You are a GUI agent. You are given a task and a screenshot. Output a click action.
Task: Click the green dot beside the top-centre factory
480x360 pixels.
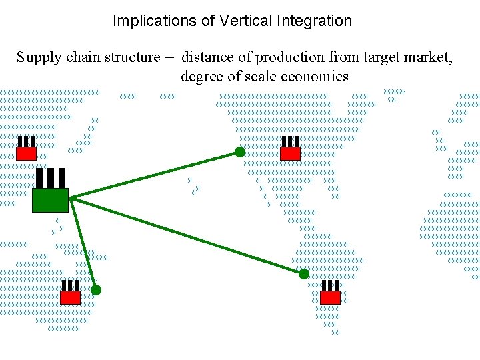[x=240, y=152]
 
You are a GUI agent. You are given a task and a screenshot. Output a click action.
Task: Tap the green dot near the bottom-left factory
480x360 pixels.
[x=96, y=290]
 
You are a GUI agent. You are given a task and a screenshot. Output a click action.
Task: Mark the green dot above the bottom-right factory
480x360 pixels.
[x=304, y=274]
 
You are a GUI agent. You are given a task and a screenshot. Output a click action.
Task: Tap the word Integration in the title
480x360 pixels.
[x=313, y=21]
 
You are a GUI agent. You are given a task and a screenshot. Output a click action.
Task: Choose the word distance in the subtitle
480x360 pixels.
[x=210, y=57]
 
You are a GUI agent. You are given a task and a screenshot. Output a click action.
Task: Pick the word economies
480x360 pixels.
[x=315, y=76]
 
